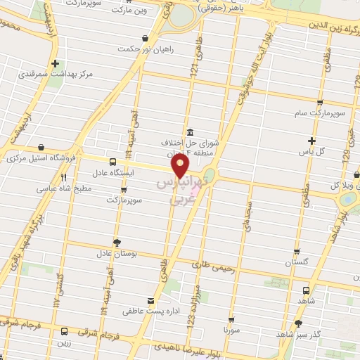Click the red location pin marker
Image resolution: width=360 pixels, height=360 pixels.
pyautogui.click(x=181, y=166)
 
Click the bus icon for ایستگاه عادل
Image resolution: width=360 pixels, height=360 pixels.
pyautogui.click(x=114, y=161)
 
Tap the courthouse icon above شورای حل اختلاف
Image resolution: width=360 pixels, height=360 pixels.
pyautogui.click(x=190, y=133)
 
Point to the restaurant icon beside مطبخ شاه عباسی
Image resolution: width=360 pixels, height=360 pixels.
pyautogui.click(x=64, y=178)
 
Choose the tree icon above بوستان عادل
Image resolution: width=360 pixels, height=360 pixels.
pyautogui.click(x=117, y=242)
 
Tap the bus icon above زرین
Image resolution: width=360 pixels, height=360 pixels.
pyautogui.click(x=65, y=331)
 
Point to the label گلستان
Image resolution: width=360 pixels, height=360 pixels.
pyautogui.click(x=297, y=262)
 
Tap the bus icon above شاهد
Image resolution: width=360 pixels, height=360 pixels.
pyautogui.click(x=305, y=290)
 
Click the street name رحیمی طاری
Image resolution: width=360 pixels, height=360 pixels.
pyautogui.click(x=212, y=265)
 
